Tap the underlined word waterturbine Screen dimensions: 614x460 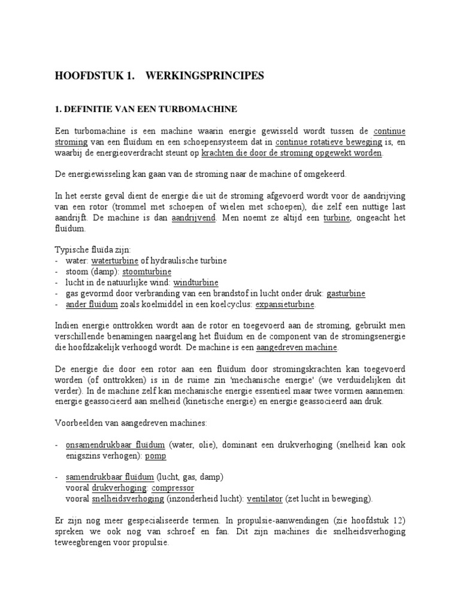(x=114, y=261)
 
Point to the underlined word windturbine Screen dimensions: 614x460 (x=196, y=282)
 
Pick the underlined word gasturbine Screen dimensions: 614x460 (x=346, y=293)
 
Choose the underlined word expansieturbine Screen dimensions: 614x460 (x=285, y=304)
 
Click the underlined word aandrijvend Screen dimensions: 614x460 (x=193, y=218)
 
